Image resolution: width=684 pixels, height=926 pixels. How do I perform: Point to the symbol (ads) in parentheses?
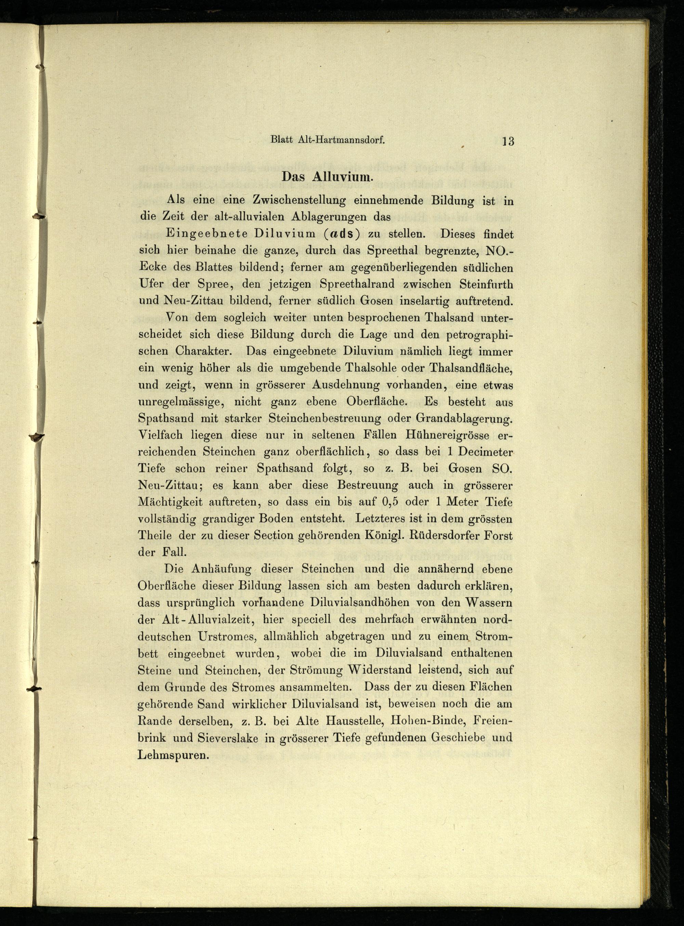coord(340,234)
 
